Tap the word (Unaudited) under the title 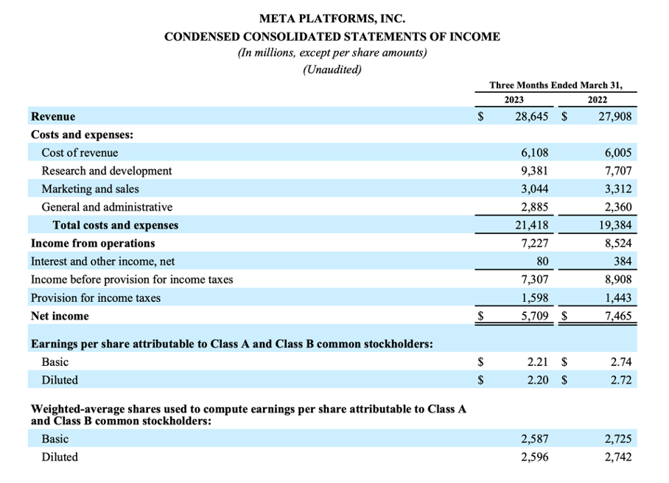pos(332,70)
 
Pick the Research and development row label pos(107,171)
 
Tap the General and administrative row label pos(107,207)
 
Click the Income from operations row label pos(93,243)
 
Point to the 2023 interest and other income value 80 pos(542,261)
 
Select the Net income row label pos(60,317)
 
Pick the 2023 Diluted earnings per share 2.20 pos(539,381)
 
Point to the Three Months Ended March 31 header pos(556,85)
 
